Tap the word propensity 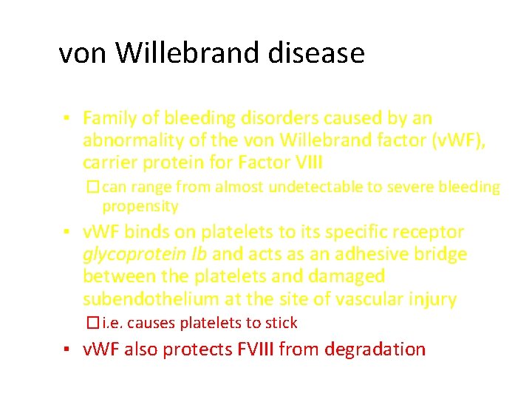point(140,206)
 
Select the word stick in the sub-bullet point(282,323)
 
